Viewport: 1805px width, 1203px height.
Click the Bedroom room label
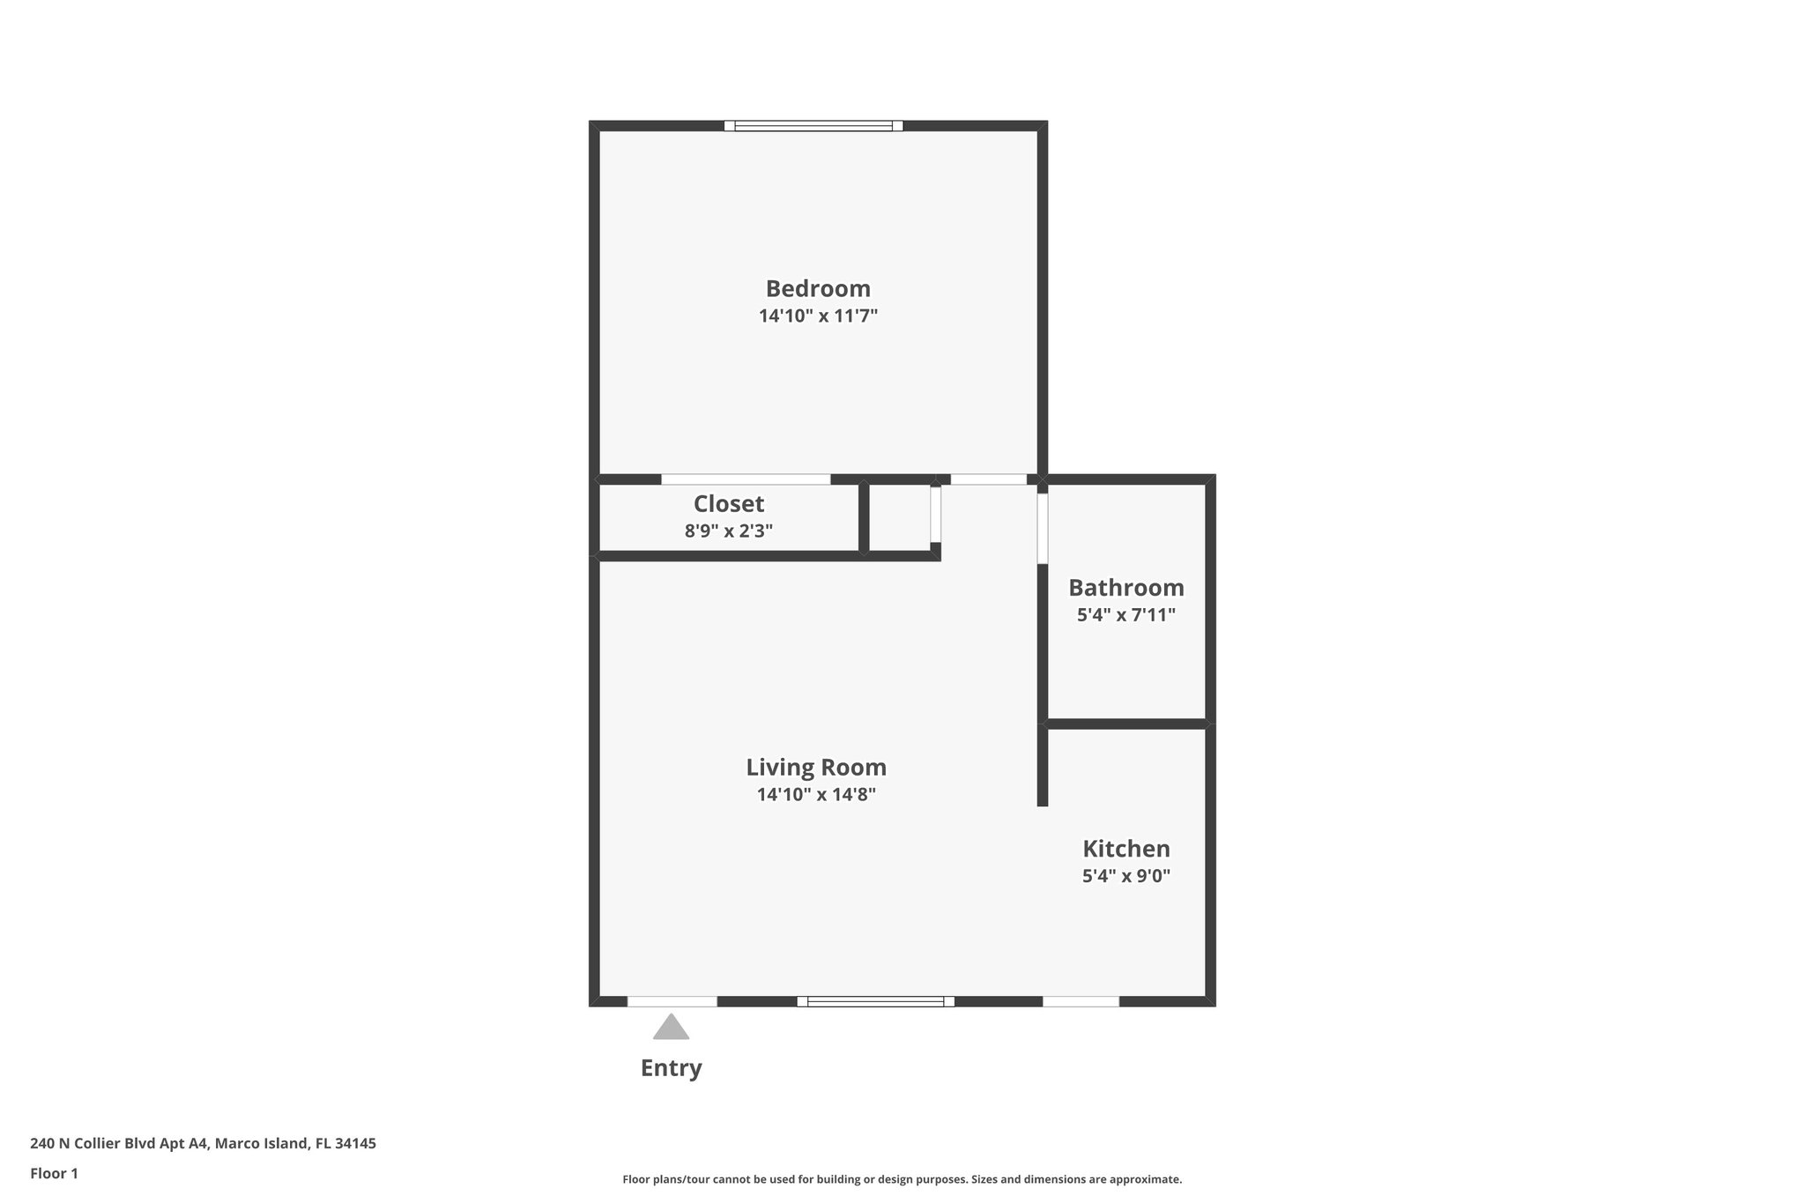click(818, 288)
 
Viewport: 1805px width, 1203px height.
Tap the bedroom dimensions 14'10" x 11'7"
click(818, 316)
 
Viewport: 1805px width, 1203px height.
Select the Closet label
click(728, 503)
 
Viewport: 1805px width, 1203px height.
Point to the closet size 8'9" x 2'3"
click(728, 531)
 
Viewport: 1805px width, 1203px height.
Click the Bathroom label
click(1125, 587)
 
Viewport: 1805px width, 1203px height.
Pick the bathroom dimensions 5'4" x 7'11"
click(1125, 614)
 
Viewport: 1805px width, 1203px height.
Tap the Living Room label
click(816, 767)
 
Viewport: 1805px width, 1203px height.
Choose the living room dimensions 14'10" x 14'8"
click(816, 794)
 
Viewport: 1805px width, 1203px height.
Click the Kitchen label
click(1125, 849)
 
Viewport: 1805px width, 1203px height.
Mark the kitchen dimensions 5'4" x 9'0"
click(1125, 876)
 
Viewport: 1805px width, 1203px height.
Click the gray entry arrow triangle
click(671, 1028)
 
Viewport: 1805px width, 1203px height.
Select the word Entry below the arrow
click(671, 1068)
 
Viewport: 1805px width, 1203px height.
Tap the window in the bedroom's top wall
click(813, 126)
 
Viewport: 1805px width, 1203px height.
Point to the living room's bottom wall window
click(875, 1001)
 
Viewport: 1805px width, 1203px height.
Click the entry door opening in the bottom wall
click(672, 1001)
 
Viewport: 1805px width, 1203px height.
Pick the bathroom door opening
click(1042, 528)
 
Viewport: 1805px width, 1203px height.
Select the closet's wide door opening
click(746, 479)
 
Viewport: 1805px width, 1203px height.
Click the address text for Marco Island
click(203, 1144)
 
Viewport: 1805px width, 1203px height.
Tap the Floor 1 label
click(54, 1173)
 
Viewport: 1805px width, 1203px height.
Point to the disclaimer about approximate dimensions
click(902, 1179)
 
